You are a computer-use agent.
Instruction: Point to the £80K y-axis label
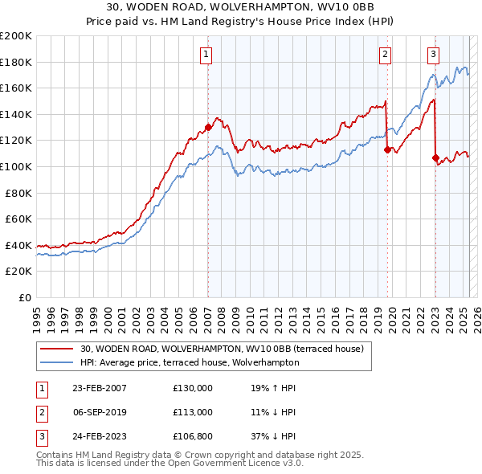[x=18, y=193]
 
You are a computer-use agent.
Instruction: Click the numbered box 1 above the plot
[x=206, y=55]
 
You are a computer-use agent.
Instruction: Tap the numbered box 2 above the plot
[x=386, y=55]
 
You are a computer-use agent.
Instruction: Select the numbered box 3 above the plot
[x=433, y=55]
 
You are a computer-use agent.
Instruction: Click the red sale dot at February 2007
[x=208, y=127]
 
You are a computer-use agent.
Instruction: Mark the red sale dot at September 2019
[x=387, y=149]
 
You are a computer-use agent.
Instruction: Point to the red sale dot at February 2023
[x=436, y=157]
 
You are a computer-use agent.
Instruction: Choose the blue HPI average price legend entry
[x=189, y=362]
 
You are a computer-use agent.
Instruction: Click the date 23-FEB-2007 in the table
[x=99, y=387]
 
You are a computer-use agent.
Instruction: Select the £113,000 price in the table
[x=193, y=412]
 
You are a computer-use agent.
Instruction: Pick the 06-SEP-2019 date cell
[x=99, y=412]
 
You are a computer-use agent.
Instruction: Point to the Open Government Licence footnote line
[x=170, y=464]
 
